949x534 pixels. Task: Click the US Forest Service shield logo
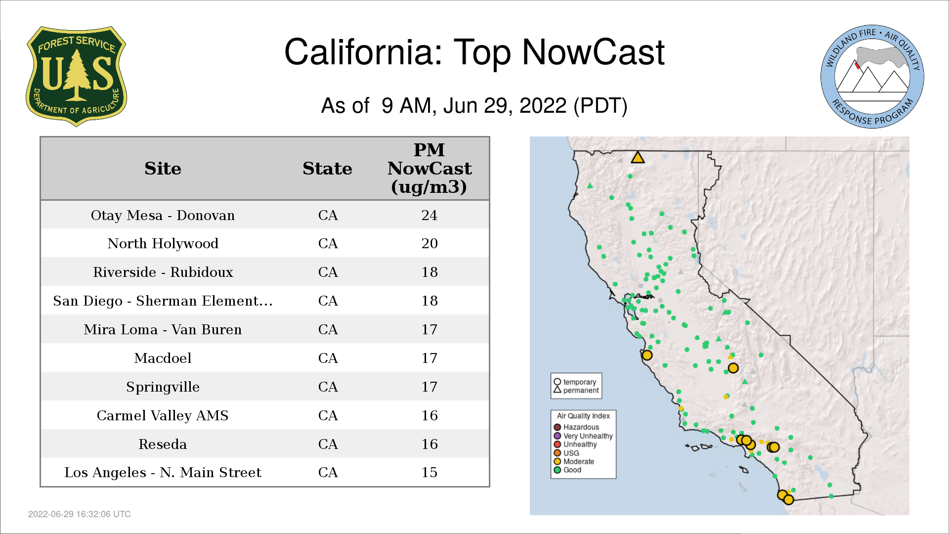(76, 76)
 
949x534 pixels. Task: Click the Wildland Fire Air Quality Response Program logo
(872, 77)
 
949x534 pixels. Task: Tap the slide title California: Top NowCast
(474, 52)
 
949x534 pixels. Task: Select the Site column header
(163, 169)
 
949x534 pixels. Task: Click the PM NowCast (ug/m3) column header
(429, 168)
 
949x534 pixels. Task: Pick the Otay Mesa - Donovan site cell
(163, 215)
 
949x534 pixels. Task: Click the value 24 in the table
(429, 215)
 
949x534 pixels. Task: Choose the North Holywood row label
(163, 243)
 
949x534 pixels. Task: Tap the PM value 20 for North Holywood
(429, 243)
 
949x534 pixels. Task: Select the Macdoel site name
(163, 358)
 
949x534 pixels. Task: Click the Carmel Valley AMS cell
(163, 415)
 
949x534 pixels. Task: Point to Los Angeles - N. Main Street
(163, 472)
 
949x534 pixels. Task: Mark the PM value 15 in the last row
(429, 472)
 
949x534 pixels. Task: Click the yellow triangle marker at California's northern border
(638, 158)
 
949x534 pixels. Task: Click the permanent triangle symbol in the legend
(557, 390)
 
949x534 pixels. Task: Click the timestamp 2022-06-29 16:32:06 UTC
(80, 514)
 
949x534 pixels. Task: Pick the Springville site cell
(163, 387)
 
